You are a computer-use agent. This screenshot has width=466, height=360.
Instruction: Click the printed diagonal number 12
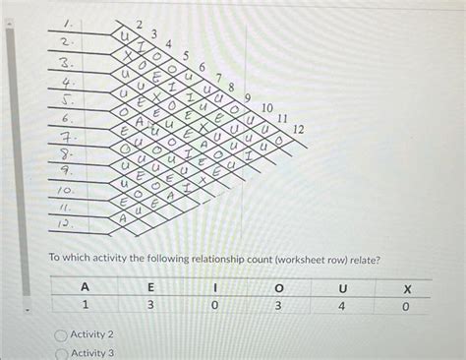point(299,130)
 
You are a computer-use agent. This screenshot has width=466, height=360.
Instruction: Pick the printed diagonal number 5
point(187,56)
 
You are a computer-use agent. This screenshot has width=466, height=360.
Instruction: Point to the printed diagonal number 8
point(231,87)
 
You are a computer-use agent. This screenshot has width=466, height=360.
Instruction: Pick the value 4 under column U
point(341,307)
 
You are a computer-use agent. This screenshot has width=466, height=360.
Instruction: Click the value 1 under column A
point(86,307)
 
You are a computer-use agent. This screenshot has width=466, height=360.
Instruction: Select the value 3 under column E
point(149,307)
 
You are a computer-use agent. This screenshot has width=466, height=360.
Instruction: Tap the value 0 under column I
point(213,307)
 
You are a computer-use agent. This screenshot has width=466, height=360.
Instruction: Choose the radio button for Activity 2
point(61,335)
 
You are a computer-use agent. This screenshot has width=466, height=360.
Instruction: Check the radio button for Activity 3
point(61,353)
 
